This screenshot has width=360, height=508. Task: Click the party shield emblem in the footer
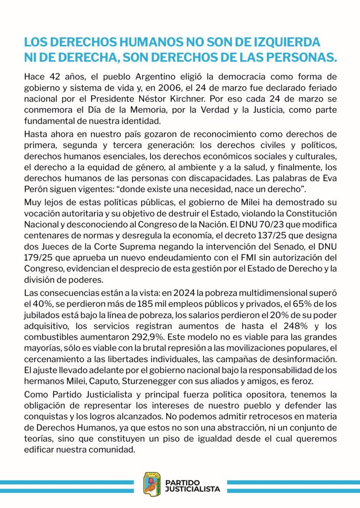point(152,483)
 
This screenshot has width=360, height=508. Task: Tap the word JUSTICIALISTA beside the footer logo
point(193,488)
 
